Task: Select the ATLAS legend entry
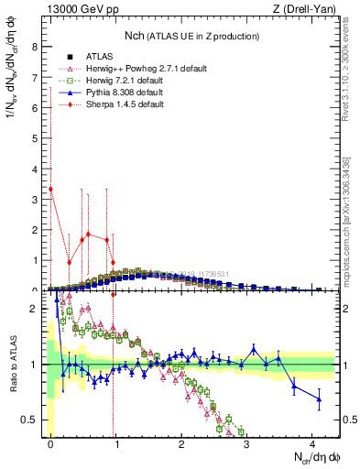(x=99, y=56)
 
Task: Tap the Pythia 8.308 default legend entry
(x=125, y=93)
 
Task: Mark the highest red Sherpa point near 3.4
(x=50, y=190)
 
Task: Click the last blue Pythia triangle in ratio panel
(x=319, y=398)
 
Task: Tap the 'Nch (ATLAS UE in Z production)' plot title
(x=191, y=36)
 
